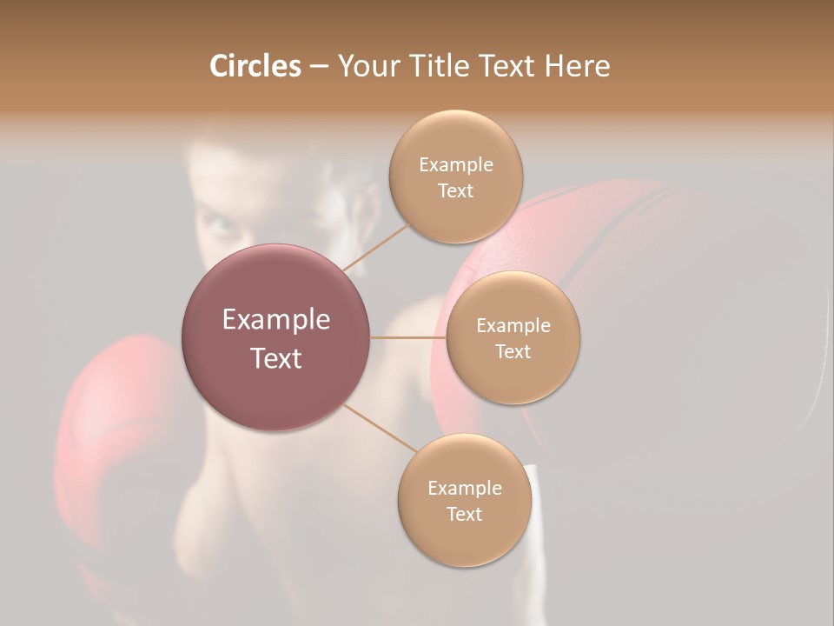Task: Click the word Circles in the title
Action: [255, 66]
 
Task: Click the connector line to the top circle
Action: [376, 246]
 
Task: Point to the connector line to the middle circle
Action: [407, 336]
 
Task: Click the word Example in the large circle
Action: [276, 320]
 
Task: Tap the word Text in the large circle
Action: [276, 358]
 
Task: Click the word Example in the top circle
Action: [455, 164]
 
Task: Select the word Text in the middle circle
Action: [513, 351]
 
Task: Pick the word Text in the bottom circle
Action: [464, 514]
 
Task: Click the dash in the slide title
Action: [319, 67]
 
